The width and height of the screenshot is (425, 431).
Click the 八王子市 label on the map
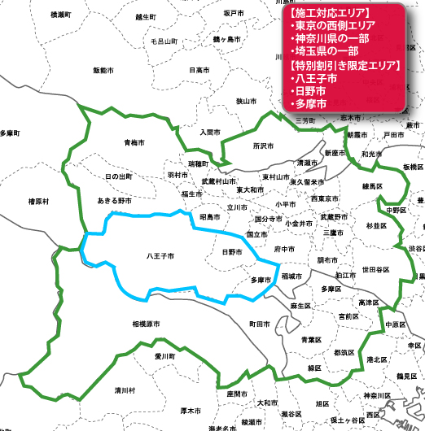click(x=160, y=255)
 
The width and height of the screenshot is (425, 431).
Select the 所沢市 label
click(x=264, y=146)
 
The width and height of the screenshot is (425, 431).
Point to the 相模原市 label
click(x=147, y=324)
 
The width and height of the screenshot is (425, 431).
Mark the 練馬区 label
click(x=373, y=186)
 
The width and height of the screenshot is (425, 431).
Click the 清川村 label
click(x=125, y=389)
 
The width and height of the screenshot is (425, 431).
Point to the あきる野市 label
click(x=114, y=200)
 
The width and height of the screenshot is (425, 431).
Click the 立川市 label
click(x=238, y=207)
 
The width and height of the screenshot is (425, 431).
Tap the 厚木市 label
click(x=191, y=411)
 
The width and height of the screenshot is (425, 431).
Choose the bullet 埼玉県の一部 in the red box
click(x=329, y=52)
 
